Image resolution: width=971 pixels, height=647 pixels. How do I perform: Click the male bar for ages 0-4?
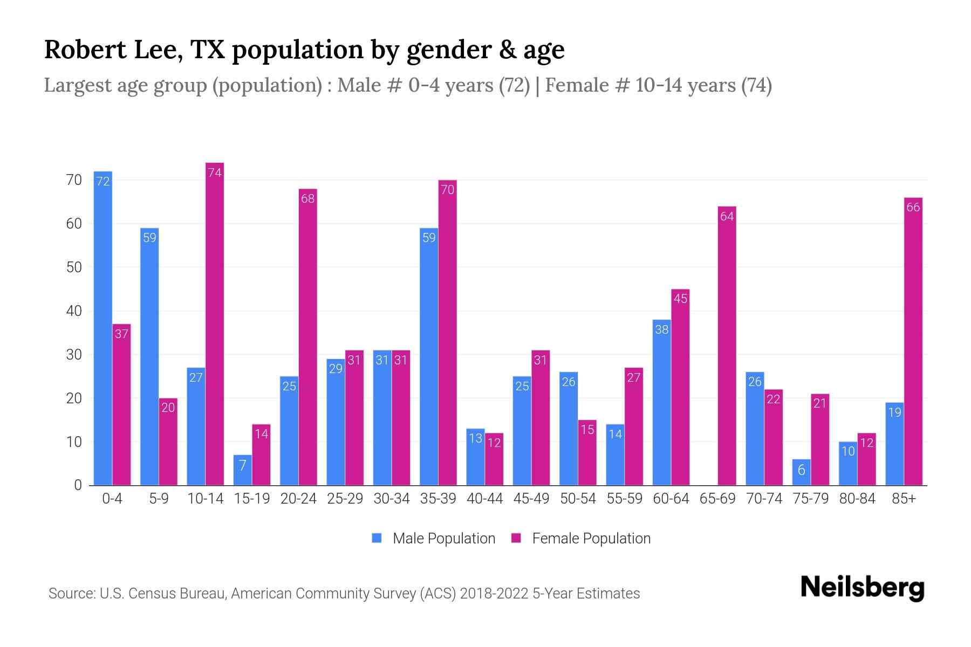(x=103, y=329)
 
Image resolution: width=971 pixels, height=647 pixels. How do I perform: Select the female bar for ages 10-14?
(x=215, y=323)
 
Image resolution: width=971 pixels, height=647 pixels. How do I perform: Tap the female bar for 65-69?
(x=727, y=345)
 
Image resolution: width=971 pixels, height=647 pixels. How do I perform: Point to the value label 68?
(x=307, y=198)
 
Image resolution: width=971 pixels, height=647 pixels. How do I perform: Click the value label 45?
(x=680, y=299)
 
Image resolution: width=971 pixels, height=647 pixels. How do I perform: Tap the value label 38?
(x=662, y=329)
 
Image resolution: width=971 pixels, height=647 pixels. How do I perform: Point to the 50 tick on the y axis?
(x=74, y=267)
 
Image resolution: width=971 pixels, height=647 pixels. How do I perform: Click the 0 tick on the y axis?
(x=78, y=485)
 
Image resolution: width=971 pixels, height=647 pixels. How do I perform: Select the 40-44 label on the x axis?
(x=484, y=499)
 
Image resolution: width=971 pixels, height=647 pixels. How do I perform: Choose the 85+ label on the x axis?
(x=904, y=499)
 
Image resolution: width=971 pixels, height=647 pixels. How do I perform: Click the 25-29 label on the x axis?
(x=345, y=499)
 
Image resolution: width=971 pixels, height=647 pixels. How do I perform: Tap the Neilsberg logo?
(x=862, y=588)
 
